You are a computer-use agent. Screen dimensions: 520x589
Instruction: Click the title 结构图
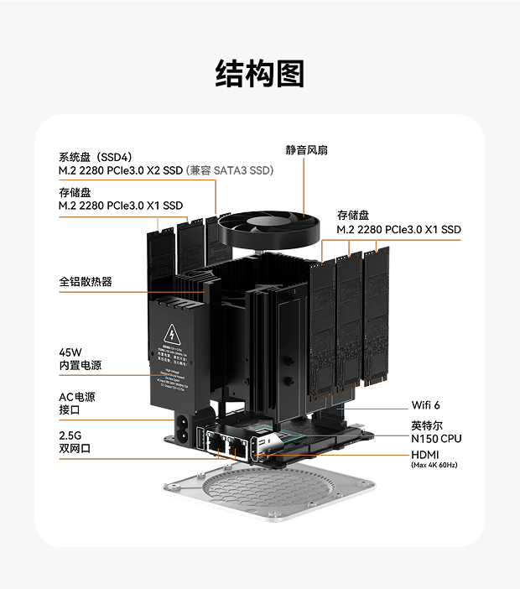260,74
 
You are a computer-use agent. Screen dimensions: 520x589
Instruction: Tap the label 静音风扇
306,150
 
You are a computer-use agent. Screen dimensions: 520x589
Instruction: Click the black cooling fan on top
268,227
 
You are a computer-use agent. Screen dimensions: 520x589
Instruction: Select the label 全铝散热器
86,282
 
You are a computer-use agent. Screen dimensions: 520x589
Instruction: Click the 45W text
70,352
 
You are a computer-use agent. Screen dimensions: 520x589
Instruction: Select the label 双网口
75,450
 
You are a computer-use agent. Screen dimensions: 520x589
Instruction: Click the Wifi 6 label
425,405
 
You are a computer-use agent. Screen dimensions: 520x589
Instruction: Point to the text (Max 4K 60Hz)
434,465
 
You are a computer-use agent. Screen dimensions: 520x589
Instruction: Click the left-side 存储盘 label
75,192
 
